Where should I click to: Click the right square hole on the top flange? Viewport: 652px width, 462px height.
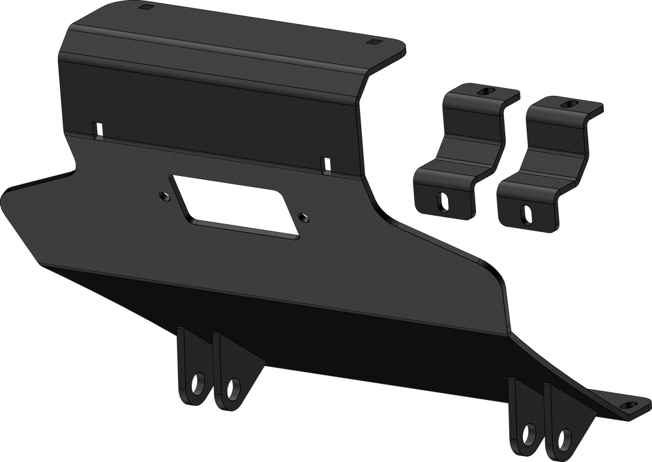click(x=374, y=43)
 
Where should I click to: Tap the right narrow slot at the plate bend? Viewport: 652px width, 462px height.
click(x=325, y=165)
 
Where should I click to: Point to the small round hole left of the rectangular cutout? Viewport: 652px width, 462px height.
click(x=161, y=193)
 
